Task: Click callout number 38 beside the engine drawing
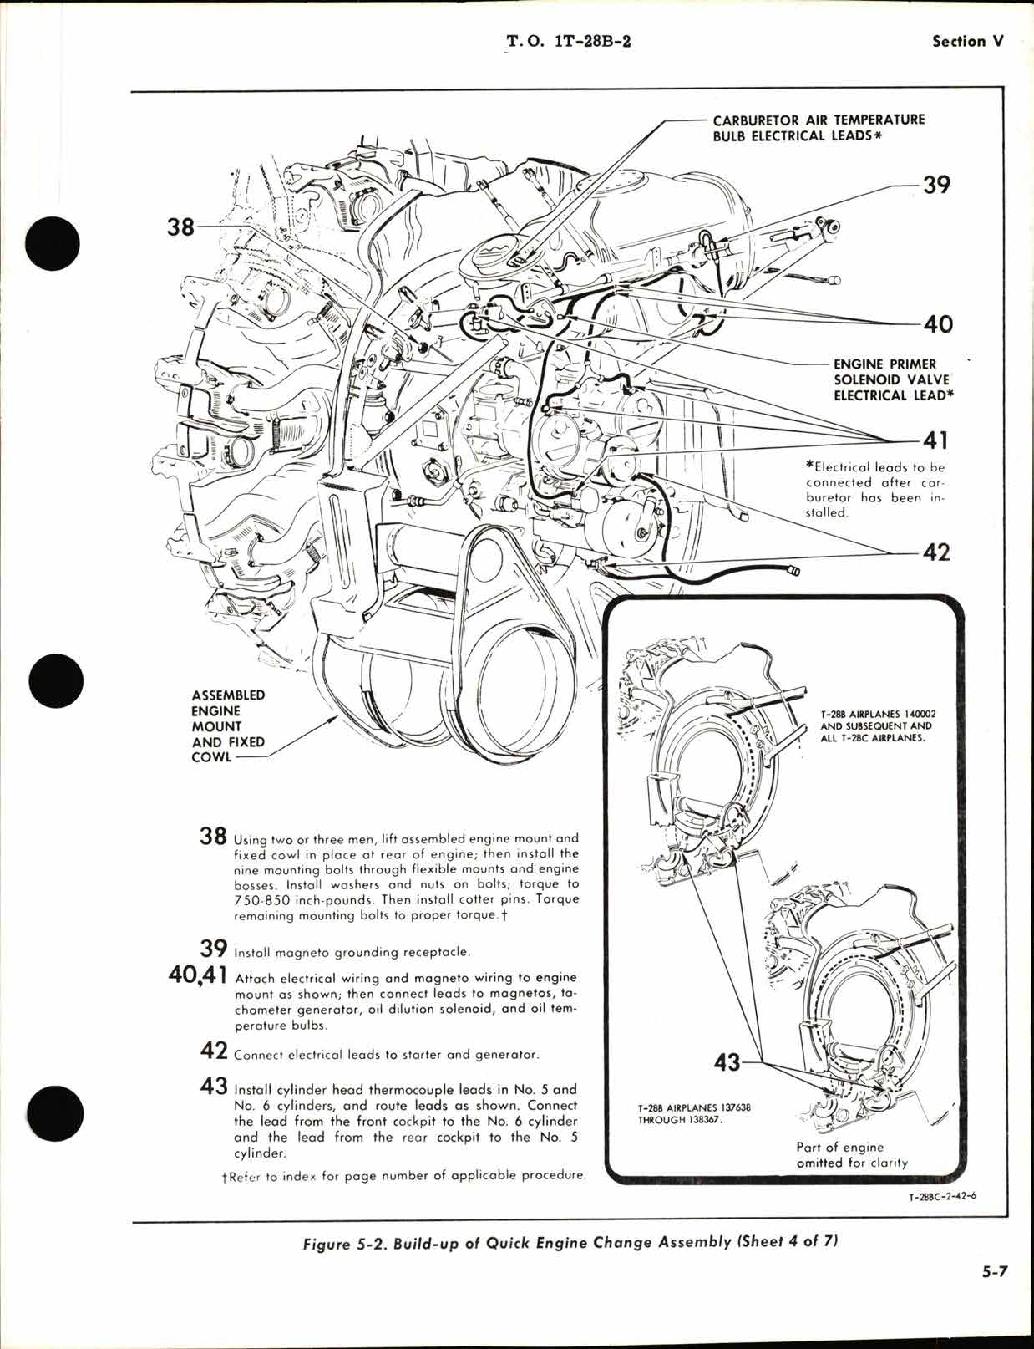(180, 226)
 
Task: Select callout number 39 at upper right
(935, 185)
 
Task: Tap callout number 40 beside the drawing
(935, 323)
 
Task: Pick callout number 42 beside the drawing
(935, 552)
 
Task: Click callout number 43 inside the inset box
(727, 1062)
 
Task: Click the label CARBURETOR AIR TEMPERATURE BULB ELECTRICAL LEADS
(819, 128)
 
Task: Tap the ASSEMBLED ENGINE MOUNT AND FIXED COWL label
(228, 725)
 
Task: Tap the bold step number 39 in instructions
(214, 949)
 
